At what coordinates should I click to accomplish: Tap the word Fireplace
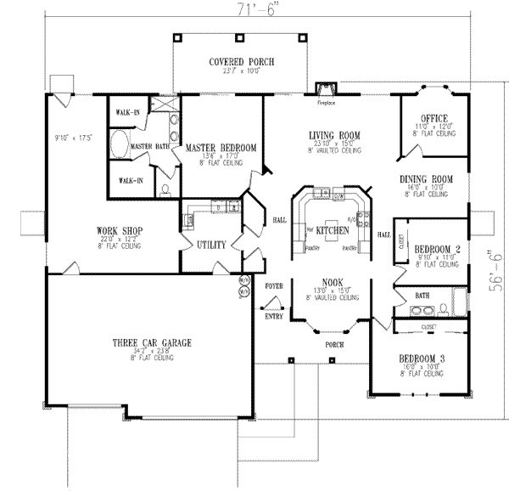(327, 103)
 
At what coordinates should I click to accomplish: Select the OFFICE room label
(434, 118)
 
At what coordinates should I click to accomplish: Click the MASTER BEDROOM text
(221, 148)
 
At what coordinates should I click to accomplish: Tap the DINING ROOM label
(426, 179)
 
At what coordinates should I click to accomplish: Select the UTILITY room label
(210, 245)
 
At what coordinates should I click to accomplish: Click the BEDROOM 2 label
(439, 249)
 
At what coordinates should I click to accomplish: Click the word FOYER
(272, 286)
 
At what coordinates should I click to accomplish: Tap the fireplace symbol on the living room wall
(322, 87)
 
